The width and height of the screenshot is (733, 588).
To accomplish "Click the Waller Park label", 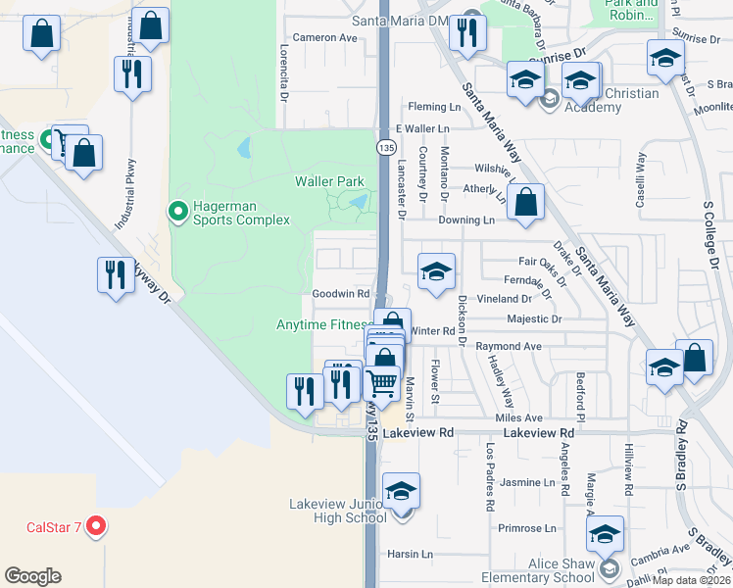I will click(x=329, y=181).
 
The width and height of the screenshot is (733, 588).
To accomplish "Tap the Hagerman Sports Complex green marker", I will click(x=178, y=210).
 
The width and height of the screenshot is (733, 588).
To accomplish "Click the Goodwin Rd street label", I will click(x=340, y=294).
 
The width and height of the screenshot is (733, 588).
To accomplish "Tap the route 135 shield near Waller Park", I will click(x=386, y=145).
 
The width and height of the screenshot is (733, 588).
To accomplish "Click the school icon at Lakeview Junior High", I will click(x=400, y=489).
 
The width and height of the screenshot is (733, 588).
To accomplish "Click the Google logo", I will click(x=32, y=576).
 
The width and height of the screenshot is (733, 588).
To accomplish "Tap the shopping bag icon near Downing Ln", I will click(x=526, y=203).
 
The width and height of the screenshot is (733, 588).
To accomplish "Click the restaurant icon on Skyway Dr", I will click(x=116, y=274).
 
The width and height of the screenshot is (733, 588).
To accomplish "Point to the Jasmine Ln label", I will click(x=527, y=483).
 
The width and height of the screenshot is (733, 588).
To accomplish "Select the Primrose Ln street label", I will click(x=526, y=528).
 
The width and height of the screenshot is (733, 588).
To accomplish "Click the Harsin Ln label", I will click(x=409, y=554).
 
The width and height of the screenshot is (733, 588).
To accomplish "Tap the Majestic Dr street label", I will click(x=534, y=319).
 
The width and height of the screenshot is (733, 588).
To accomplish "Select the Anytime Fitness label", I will click(x=321, y=324).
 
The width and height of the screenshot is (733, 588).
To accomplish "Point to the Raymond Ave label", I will click(x=509, y=347).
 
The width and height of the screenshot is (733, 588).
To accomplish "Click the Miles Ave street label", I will click(x=518, y=417).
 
